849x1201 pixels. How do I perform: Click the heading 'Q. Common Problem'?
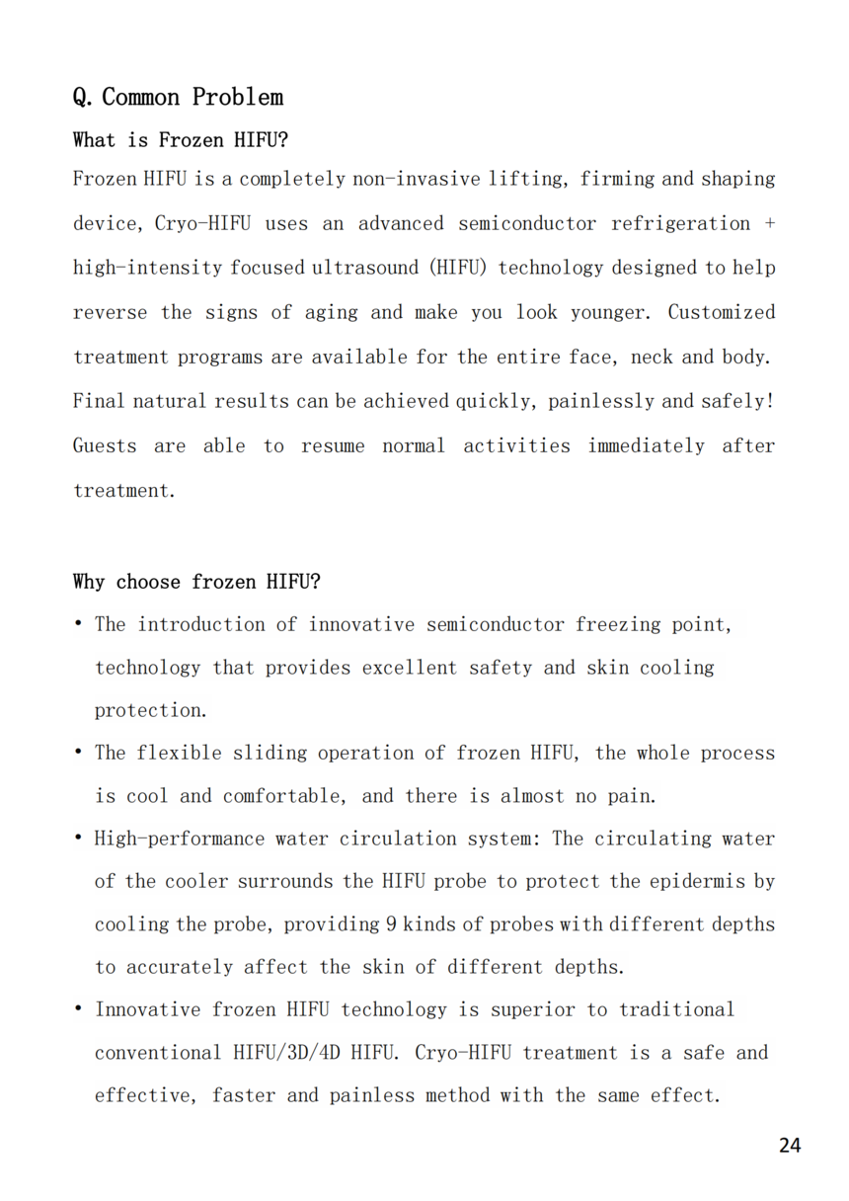tap(178, 97)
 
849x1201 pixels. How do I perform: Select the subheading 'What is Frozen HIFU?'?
tap(181, 140)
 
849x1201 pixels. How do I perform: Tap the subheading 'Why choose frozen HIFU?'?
tap(196, 582)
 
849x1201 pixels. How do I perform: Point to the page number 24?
tap(789, 1145)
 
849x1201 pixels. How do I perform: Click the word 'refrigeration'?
tap(680, 224)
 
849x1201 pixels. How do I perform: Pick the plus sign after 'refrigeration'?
tap(770, 224)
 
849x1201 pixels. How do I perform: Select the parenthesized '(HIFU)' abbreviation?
tap(467, 269)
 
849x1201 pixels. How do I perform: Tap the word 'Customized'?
tap(721, 313)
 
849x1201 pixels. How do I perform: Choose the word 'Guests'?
tap(105, 446)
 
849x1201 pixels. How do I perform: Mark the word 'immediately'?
tap(647, 446)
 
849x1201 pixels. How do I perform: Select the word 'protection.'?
tap(152, 711)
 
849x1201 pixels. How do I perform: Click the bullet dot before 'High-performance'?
tap(78, 839)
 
